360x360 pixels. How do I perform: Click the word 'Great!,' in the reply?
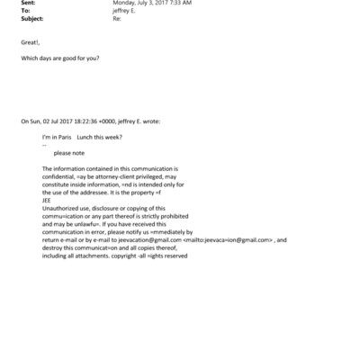click(x=30, y=41)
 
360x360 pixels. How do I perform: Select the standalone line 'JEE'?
click(x=47, y=201)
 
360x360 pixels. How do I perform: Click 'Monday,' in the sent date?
click(x=124, y=4)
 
